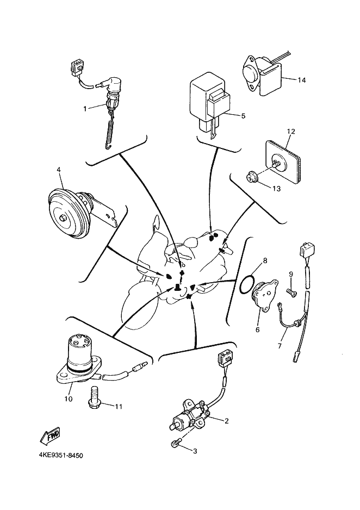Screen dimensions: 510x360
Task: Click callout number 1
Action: click(85, 108)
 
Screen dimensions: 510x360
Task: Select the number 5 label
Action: click(243, 115)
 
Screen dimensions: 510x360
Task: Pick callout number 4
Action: click(58, 169)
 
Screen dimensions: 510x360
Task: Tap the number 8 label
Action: click(265, 260)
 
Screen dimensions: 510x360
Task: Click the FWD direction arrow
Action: click(50, 436)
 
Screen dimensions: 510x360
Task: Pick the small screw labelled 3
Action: click(176, 444)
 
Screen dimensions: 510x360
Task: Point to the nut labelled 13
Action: click(252, 177)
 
